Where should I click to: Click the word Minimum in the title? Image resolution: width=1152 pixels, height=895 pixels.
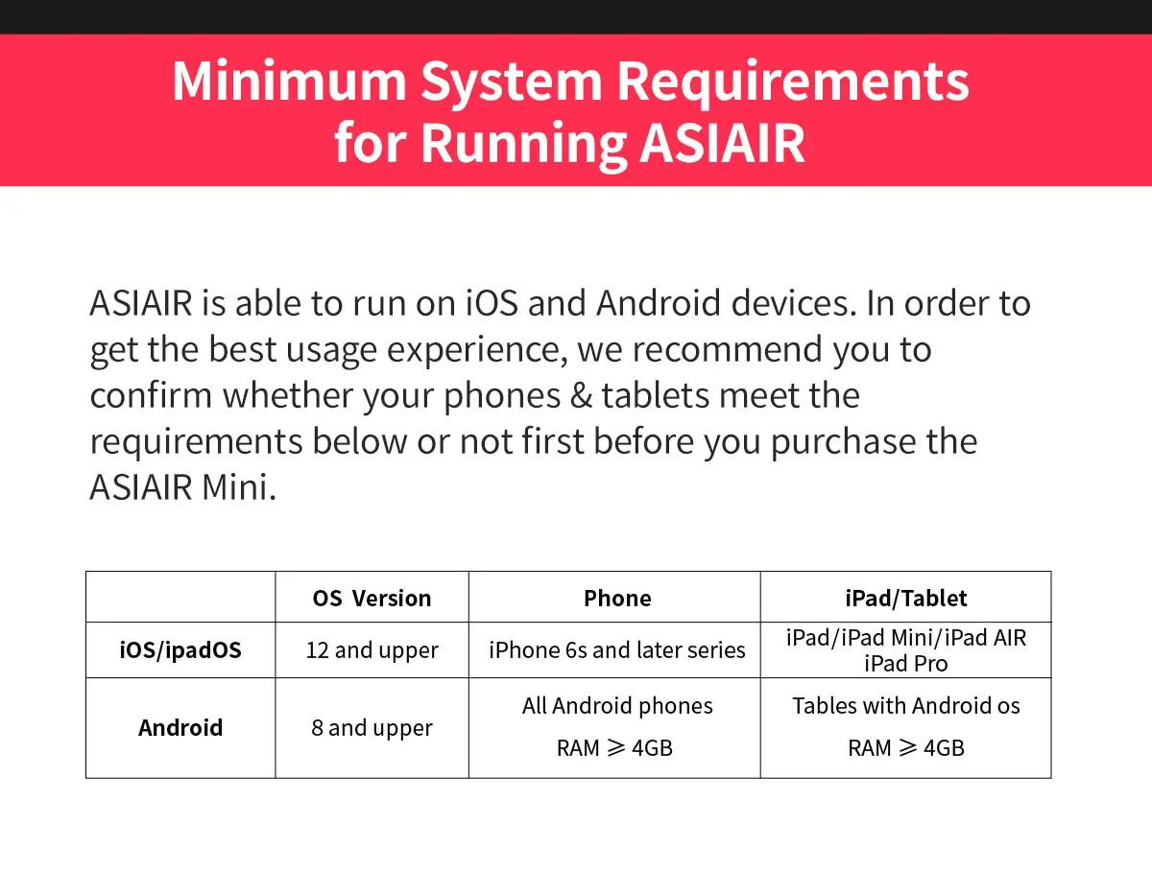click(290, 81)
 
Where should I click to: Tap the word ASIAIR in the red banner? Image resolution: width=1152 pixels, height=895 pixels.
click(722, 143)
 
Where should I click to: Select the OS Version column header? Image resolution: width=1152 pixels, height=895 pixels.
click(372, 599)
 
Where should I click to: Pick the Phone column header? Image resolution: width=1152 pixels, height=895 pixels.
click(617, 599)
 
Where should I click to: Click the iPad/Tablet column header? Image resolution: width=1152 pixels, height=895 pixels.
click(905, 599)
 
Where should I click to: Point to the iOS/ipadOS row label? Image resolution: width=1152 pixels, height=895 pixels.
click(180, 650)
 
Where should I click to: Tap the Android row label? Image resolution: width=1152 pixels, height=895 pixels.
click(180, 728)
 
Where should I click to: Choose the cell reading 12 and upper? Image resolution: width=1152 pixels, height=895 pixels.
click(372, 650)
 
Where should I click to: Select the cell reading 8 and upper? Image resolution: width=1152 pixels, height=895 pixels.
click(372, 728)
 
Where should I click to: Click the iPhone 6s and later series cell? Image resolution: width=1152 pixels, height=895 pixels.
click(617, 650)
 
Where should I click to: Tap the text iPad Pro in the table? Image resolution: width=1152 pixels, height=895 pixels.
click(905, 664)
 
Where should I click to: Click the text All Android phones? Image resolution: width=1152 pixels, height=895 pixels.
click(617, 706)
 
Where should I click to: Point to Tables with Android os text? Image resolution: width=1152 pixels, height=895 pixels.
click(905, 706)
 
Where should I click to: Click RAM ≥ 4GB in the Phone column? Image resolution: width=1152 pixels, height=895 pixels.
click(614, 748)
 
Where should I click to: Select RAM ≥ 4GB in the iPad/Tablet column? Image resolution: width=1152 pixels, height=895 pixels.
click(906, 748)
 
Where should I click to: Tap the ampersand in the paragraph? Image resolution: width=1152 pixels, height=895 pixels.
click(581, 395)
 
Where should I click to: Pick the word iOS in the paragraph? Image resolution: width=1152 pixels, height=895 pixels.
click(492, 303)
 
